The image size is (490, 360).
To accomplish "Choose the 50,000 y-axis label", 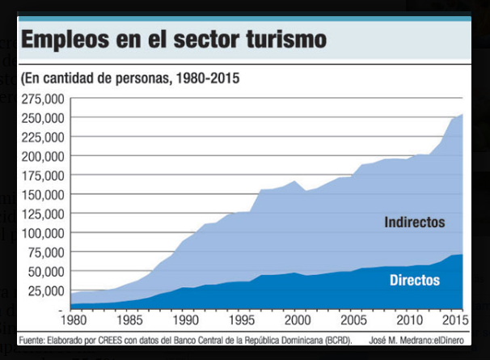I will tap(44, 272).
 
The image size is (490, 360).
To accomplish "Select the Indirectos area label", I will tap(415, 222).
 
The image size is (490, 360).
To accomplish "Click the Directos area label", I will tap(415, 280).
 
